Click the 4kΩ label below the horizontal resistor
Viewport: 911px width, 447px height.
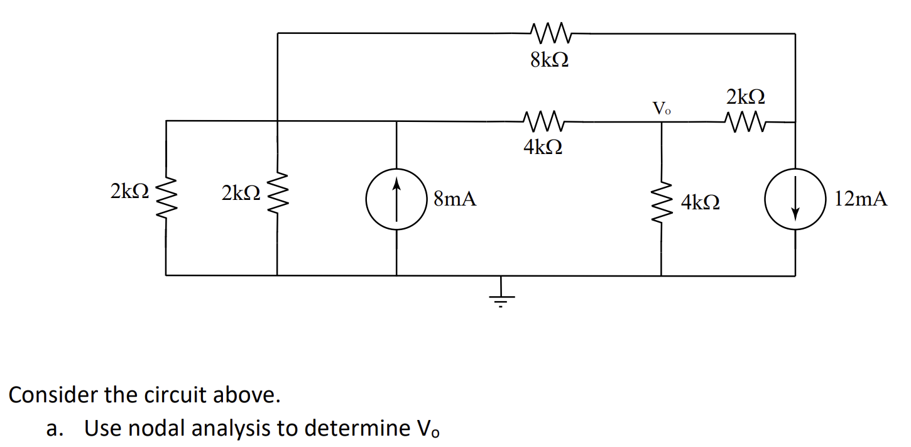pos(543,147)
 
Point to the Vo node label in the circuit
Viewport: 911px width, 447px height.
pos(662,108)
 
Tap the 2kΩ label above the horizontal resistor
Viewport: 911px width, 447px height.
pos(746,97)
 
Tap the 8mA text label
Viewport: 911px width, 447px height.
pos(455,200)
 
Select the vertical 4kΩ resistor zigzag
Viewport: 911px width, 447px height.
pos(661,199)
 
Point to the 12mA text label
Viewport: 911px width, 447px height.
pos(861,200)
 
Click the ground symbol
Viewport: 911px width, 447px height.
pos(501,294)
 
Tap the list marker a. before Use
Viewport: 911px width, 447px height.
pos(55,429)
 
